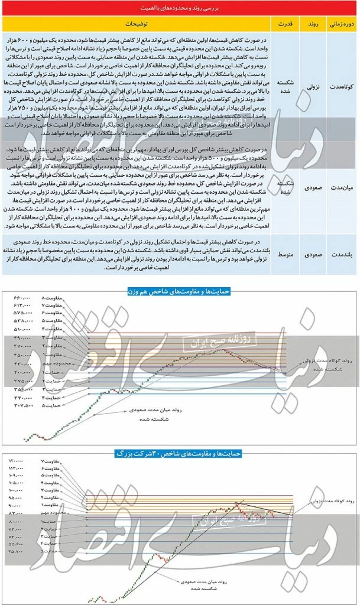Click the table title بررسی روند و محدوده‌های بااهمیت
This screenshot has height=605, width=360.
[x=180, y=8]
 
